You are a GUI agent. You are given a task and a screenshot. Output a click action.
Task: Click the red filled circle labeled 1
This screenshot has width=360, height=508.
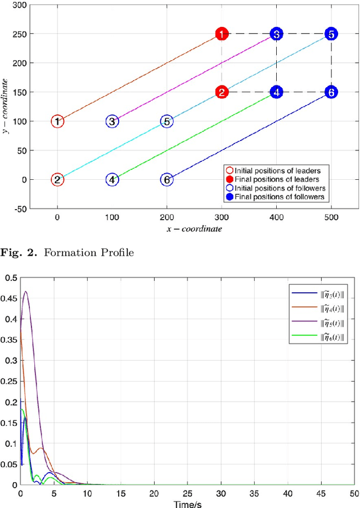[222, 34]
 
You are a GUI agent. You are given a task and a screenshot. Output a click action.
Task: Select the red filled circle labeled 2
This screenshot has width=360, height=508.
[222, 92]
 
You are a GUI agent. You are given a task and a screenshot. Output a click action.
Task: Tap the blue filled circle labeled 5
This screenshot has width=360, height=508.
[331, 34]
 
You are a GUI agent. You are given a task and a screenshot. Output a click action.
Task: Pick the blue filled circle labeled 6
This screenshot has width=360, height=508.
[331, 92]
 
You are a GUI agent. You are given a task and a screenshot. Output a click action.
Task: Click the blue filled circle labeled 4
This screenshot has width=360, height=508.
[276, 92]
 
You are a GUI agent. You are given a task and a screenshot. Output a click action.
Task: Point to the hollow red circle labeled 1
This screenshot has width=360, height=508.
[57, 121]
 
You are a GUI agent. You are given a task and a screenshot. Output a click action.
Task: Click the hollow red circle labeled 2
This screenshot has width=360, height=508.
[57, 180]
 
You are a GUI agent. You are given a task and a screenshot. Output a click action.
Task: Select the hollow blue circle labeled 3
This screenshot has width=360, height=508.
[112, 121]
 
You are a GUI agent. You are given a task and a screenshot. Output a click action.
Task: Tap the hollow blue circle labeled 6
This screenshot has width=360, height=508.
[166, 180]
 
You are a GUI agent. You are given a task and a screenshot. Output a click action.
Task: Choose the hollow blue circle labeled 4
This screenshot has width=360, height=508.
[112, 180]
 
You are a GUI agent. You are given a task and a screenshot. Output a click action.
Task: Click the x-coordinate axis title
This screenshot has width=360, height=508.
[194, 229]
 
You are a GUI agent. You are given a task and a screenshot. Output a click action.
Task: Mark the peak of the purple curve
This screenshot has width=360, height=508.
[25, 292]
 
